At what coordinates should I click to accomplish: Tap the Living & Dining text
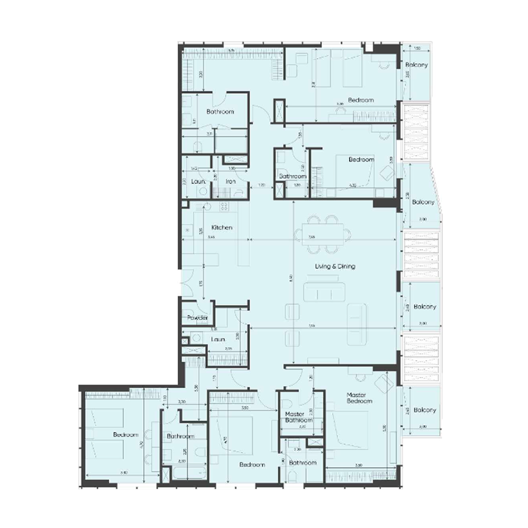334,266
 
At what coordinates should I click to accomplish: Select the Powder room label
198,318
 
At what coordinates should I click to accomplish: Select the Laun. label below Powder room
219,339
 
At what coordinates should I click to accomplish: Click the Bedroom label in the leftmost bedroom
125,435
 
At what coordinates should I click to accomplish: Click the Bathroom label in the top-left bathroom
220,112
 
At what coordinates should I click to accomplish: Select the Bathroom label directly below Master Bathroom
303,463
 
